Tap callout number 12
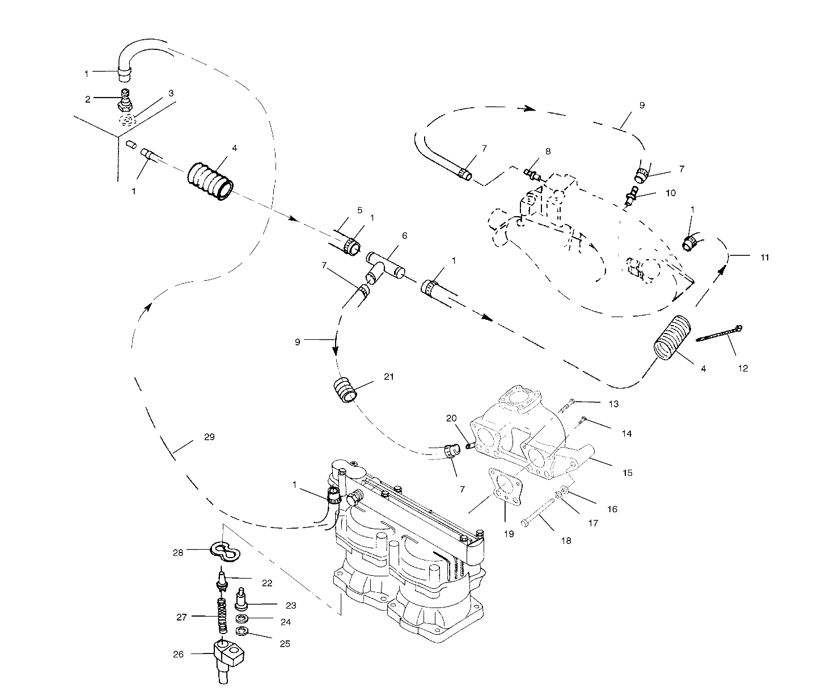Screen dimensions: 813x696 [743, 369]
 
